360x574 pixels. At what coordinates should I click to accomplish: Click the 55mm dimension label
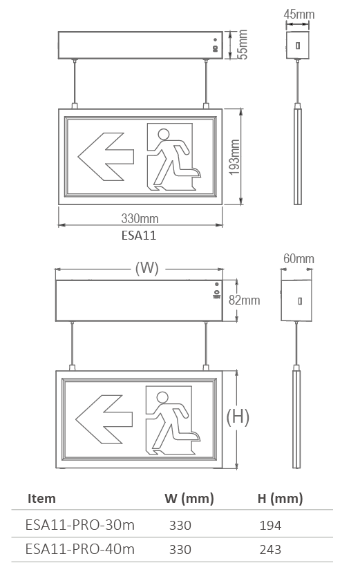[x=242, y=44]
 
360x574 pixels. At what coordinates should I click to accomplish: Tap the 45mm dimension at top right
[x=299, y=15]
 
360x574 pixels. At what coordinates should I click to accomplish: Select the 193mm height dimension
[x=234, y=157]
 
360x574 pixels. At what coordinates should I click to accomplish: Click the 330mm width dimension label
[x=140, y=218]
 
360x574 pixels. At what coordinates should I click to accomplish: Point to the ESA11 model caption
[x=139, y=235]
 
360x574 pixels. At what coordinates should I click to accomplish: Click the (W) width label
[x=147, y=268]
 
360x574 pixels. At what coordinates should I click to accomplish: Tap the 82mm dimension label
[x=245, y=300]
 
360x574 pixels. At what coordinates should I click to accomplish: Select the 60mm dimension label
[x=299, y=259]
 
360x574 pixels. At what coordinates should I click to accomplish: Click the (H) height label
[x=238, y=417]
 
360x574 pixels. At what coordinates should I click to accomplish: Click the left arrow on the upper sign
[x=106, y=157]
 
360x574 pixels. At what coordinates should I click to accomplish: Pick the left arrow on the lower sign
[x=104, y=419]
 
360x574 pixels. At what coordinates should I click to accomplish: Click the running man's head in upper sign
[x=163, y=135]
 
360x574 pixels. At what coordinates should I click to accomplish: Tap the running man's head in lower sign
[x=162, y=397]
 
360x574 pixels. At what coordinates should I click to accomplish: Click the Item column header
[x=41, y=499]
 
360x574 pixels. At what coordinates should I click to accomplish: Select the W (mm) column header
[x=189, y=499]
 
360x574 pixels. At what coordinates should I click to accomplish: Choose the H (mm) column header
[x=280, y=499]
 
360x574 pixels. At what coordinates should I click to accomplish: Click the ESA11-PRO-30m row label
[x=80, y=526]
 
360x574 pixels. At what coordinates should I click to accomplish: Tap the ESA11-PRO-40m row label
[x=80, y=549]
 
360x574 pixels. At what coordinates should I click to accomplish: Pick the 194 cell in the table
[x=270, y=526]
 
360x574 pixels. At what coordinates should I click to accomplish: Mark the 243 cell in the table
[x=270, y=549]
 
